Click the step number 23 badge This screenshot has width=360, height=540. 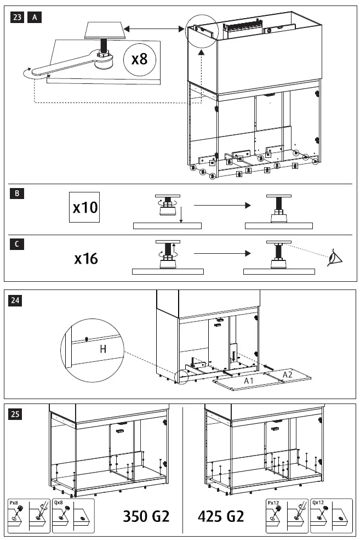point(17,18)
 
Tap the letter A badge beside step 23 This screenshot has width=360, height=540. point(34,18)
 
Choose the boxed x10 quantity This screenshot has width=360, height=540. point(85,207)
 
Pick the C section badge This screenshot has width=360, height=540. point(17,245)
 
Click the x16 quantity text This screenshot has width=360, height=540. point(86,258)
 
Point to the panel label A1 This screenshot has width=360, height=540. point(248,380)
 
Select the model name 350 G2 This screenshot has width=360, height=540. point(146,516)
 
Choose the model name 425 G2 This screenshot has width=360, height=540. point(221,516)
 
